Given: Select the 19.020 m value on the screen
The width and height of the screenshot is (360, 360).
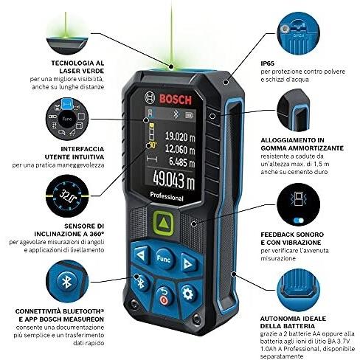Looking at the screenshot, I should tap(176, 136).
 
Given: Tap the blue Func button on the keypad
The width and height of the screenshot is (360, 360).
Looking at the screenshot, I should tap(163, 258).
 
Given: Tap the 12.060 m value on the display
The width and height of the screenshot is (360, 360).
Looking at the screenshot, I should tap(176, 148).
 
